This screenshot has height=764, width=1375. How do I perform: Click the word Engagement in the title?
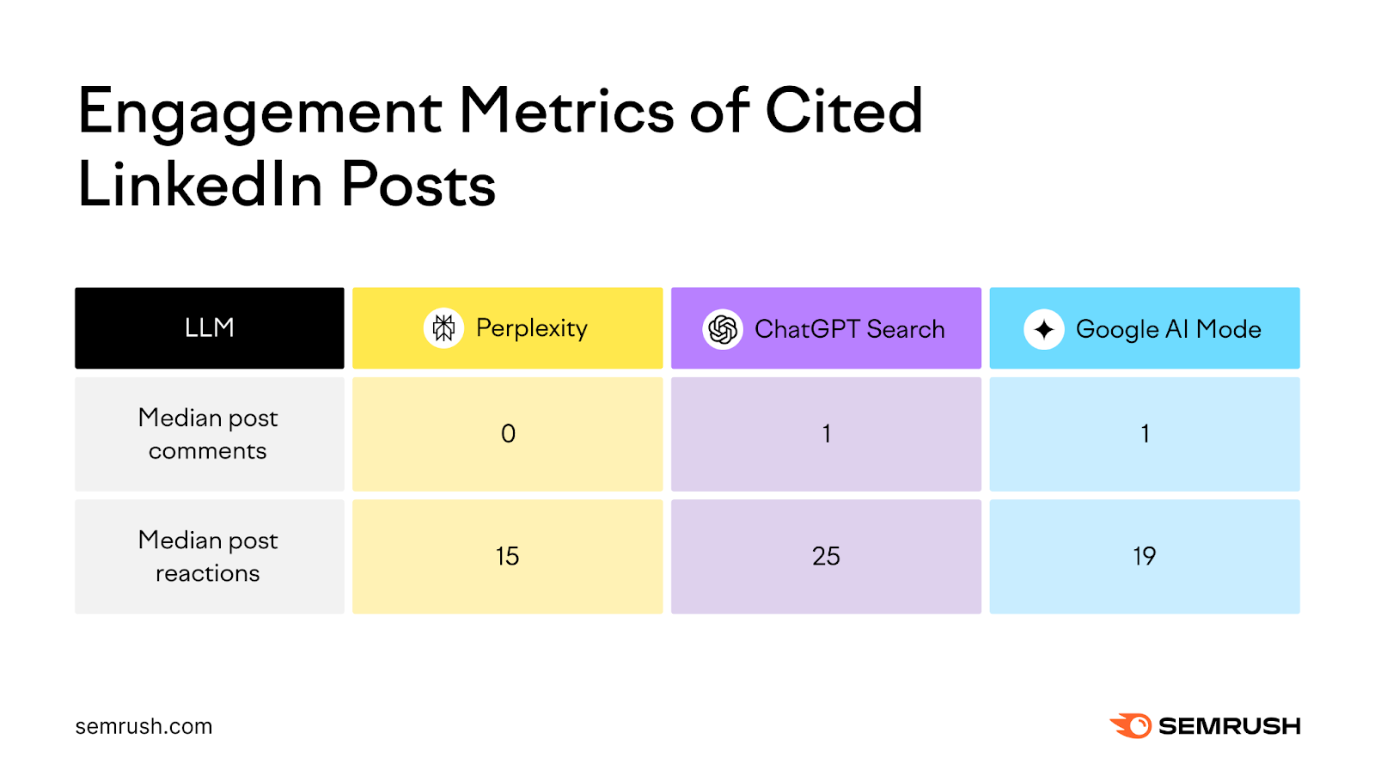click(x=260, y=113)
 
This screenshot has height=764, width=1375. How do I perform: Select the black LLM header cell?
click(x=209, y=328)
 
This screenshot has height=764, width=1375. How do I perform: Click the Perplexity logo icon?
click(x=443, y=328)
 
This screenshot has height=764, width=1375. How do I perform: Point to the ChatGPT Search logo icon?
click(x=723, y=329)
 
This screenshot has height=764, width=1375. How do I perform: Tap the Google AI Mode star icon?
click(x=1043, y=329)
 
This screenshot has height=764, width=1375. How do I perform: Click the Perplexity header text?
click(x=531, y=328)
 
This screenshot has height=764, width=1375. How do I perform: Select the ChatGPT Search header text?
click(x=849, y=329)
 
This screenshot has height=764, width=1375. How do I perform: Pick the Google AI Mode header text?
click(x=1168, y=329)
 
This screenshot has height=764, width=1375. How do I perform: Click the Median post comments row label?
click(x=208, y=434)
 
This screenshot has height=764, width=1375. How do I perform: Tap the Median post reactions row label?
click(x=208, y=556)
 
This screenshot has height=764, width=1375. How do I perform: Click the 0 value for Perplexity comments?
click(x=508, y=434)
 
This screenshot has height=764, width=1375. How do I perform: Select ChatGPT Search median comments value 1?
click(x=826, y=434)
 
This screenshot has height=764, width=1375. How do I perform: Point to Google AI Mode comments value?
click(x=1145, y=434)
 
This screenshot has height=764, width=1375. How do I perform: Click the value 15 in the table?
click(x=507, y=556)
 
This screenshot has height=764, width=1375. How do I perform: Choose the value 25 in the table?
click(x=826, y=556)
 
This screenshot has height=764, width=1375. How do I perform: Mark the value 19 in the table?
click(x=1144, y=556)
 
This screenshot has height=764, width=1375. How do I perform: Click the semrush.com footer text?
click(x=144, y=726)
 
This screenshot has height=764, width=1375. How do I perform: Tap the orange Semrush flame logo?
click(x=1131, y=725)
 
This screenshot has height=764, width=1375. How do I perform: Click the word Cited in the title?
click(x=843, y=112)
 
